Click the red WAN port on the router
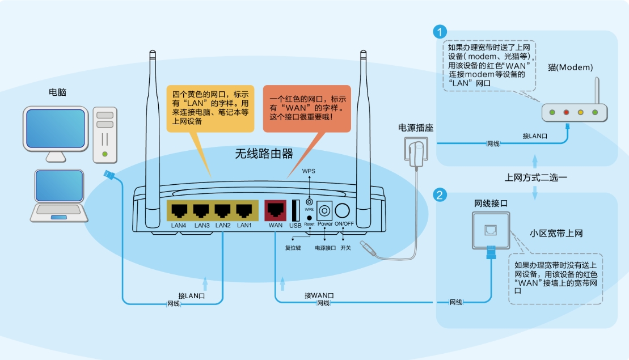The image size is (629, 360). coord(276,211)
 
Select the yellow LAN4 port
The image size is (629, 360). coord(179,211)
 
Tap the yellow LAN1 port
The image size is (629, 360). coord(244,211)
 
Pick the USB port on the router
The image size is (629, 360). coord(295,211)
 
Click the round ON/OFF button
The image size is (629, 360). coord(343,211)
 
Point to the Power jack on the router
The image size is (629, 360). coord(324,211)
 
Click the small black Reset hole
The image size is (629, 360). coord(309,218)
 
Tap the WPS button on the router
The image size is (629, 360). coord(309,201)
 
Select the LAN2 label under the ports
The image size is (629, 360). coord(222,226)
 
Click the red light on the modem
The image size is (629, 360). coord(566,112)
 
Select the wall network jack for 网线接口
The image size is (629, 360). coord(489,230)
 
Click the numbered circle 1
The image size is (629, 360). coord(439,31)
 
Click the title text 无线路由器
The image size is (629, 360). coord(264,154)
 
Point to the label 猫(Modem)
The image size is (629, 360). coord(570,67)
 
